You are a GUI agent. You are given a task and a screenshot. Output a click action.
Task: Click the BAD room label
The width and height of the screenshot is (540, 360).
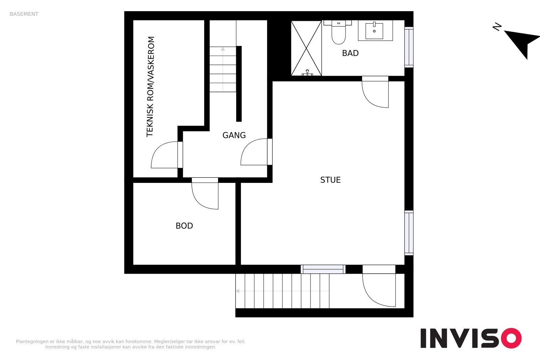coord(350,53)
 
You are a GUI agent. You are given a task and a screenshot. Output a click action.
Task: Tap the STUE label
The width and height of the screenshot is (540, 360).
coord(330,180)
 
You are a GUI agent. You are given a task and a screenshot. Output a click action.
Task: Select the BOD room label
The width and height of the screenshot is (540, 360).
coord(184,226)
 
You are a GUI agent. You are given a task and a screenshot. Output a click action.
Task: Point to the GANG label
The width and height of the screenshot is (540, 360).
coord(234,135)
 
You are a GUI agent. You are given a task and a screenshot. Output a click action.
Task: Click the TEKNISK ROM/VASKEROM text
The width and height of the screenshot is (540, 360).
coord(150,87)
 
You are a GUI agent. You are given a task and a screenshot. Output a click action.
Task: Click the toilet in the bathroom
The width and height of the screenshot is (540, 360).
coord(339,32)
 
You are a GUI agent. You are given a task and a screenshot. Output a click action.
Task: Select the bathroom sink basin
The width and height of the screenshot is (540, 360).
coord(374,31)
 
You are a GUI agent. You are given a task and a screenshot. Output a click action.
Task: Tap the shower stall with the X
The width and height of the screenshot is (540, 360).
coord(306,48)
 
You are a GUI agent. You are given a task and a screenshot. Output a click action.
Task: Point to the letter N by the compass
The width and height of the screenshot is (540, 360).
coord(497,27)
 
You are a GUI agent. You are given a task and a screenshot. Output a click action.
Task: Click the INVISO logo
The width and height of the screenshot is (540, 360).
coord(471,338)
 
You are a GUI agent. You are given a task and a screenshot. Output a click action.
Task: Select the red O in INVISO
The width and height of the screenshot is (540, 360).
coord(511,338)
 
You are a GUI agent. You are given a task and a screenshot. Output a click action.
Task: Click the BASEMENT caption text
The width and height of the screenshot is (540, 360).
coord(24,14)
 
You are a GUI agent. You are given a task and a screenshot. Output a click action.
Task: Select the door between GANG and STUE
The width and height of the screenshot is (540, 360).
coord(256,152)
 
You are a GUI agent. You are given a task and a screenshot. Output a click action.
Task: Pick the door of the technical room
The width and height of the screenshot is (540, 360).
coord(167,155)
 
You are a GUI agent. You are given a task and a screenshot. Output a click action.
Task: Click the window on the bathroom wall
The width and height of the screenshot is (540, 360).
coord(409,47)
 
